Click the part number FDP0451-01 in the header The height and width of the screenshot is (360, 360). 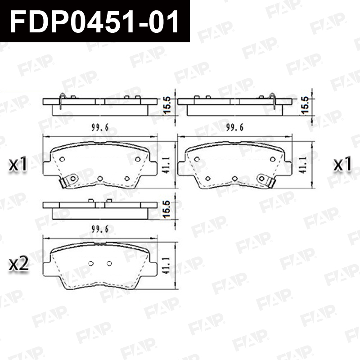coord(94,21)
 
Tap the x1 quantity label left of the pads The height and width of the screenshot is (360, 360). coord(18,164)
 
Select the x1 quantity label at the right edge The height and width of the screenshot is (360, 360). coord(342,164)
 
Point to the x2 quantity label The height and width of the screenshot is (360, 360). coord(18,264)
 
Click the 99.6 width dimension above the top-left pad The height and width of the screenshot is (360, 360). coord(100,127)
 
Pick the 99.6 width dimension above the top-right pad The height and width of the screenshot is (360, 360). coord(235,127)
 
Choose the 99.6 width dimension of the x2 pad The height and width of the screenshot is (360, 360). coord(100,229)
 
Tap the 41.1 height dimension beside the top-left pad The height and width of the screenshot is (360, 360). coord(166,165)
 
